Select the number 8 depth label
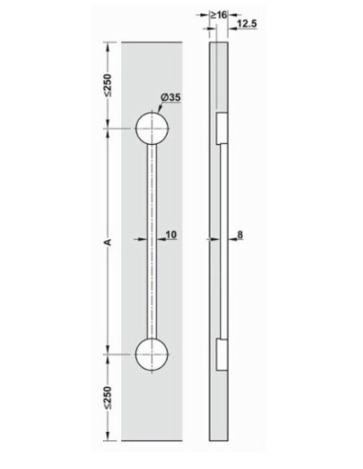245,234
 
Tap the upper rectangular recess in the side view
220,129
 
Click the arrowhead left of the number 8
229,240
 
